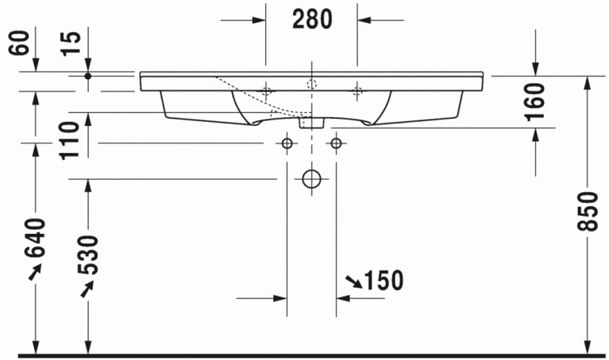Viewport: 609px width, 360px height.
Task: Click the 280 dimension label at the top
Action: (311, 19)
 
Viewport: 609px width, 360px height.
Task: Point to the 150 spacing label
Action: (384, 281)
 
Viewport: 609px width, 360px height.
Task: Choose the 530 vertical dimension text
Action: (89, 253)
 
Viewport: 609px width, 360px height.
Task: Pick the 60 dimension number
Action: (18, 43)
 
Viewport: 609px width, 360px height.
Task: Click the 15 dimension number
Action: (71, 43)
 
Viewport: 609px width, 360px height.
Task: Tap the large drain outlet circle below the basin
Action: (311, 179)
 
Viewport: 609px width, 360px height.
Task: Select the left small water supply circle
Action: (286, 142)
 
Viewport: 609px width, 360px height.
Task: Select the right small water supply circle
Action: (336, 142)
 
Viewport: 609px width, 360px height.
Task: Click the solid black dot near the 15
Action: (88, 76)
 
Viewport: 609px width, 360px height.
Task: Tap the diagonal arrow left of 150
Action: (354, 281)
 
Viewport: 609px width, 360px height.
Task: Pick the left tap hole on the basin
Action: (266, 90)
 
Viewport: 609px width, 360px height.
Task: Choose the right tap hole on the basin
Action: (357, 90)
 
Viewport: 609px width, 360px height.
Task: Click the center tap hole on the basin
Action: (311, 83)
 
